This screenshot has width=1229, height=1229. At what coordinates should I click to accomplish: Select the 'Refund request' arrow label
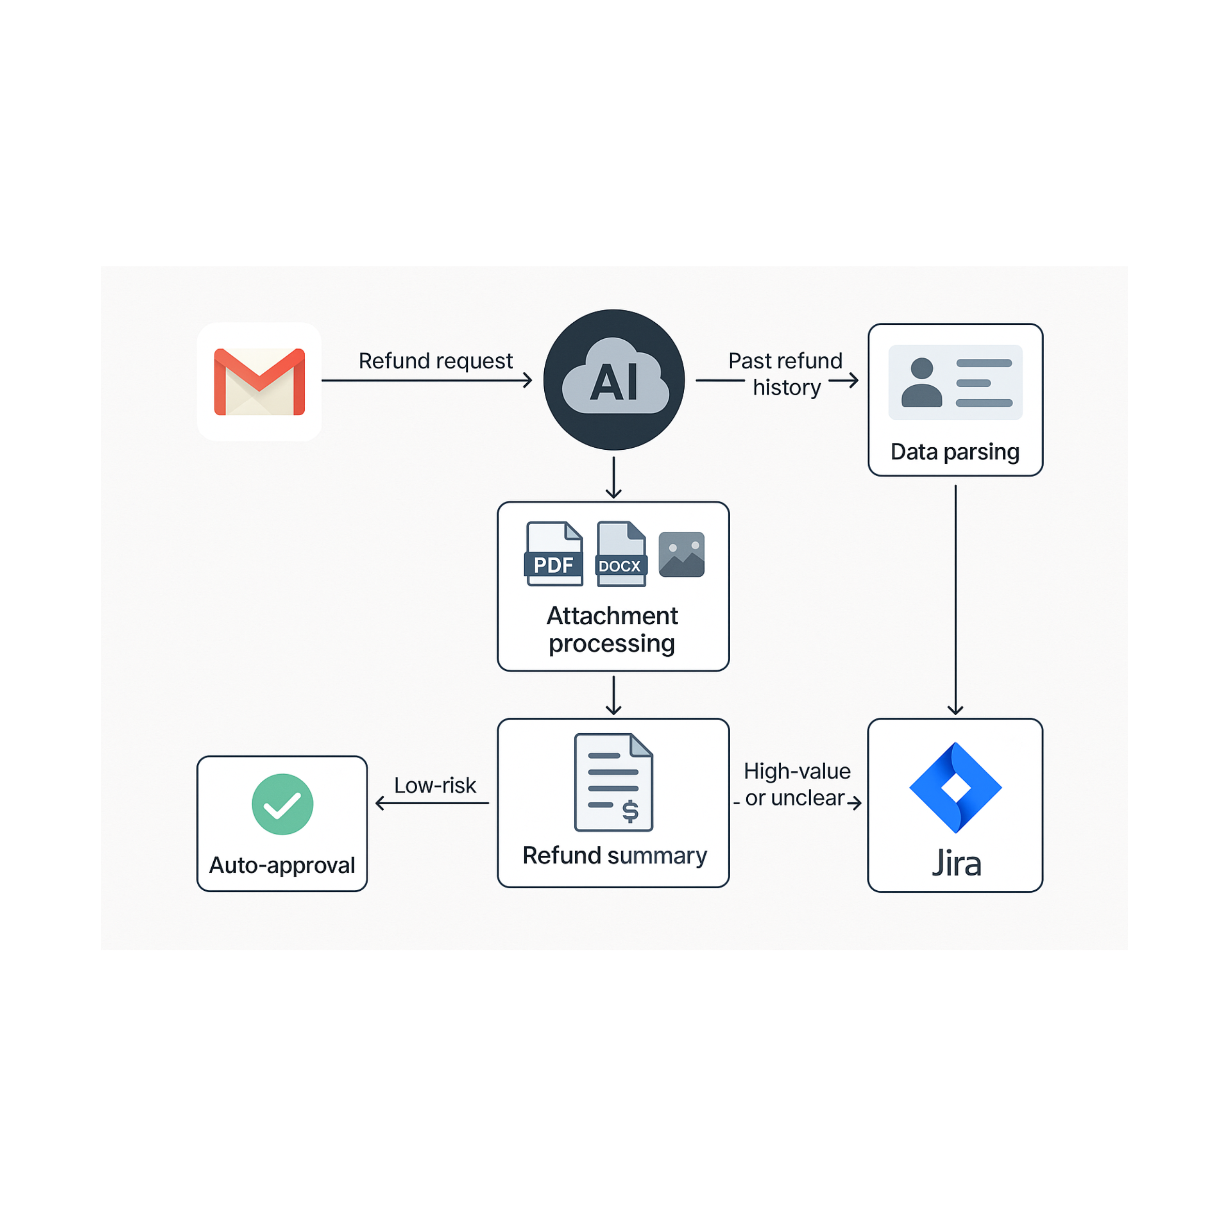[x=435, y=360]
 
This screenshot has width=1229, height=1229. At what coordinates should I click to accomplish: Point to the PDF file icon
[x=554, y=554]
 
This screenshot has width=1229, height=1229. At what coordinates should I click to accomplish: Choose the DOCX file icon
[x=621, y=554]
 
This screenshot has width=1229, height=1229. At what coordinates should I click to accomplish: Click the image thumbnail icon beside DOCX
[x=681, y=554]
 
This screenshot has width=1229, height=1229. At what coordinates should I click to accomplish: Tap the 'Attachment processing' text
[x=612, y=629]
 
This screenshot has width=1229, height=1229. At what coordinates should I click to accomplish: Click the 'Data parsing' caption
[x=955, y=452]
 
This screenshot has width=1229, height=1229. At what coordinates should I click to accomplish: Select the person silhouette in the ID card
[x=921, y=382]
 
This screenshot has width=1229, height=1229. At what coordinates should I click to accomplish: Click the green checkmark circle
[x=282, y=804]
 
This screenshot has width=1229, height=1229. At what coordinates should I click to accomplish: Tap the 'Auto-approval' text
[x=282, y=865]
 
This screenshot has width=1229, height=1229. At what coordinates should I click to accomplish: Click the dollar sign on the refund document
[x=630, y=811]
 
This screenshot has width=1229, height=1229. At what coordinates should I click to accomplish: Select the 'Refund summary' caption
[x=615, y=856]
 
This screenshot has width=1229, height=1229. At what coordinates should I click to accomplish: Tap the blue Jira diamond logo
[x=955, y=787]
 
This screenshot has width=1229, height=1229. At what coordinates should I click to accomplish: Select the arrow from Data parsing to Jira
[x=955, y=598]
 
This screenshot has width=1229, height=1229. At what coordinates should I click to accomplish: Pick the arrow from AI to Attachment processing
[x=613, y=477]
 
